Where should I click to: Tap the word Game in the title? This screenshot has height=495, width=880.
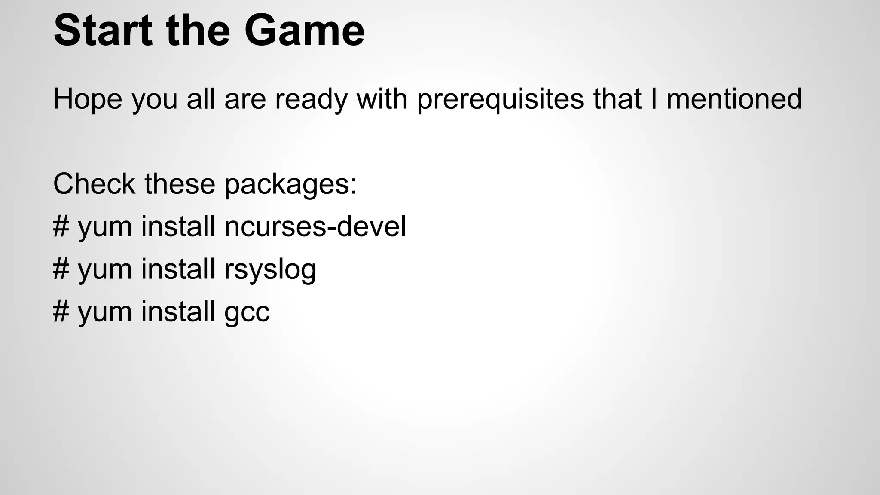tap(304, 30)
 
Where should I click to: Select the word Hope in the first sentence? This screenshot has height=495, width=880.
tap(88, 99)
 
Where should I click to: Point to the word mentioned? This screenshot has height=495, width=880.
tap(734, 99)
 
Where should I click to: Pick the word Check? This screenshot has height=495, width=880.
tap(94, 183)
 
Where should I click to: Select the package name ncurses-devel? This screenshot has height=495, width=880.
tap(315, 226)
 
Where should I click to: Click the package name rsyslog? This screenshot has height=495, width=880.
tap(270, 270)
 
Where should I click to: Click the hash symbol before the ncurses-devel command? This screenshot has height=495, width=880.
tap(61, 226)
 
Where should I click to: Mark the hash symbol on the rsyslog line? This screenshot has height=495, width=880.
tap(61, 269)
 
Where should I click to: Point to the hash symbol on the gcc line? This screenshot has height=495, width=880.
tap(61, 312)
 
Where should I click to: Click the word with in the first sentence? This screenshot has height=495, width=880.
tap(382, 99)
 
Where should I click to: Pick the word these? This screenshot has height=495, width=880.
tap(180, 183)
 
